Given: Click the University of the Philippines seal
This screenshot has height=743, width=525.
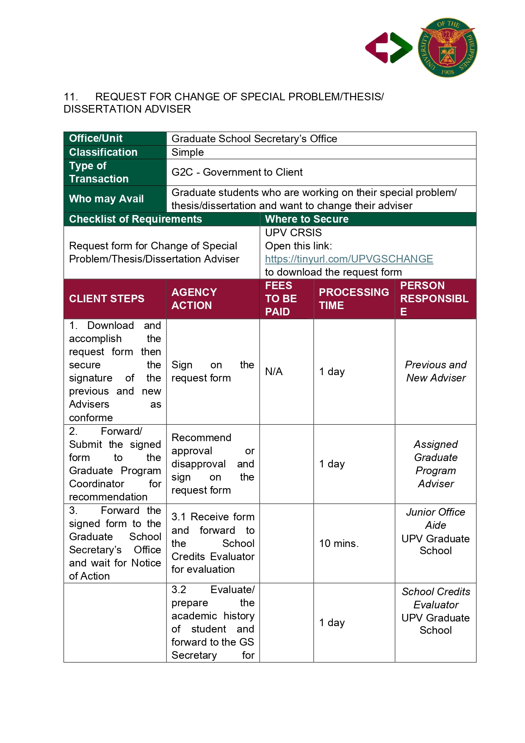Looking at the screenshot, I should (447, 47).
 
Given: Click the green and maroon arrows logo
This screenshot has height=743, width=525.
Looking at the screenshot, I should (388, 48).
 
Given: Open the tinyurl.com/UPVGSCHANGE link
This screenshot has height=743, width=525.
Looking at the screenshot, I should (349, 259).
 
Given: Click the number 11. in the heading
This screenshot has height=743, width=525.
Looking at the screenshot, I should (71, 97).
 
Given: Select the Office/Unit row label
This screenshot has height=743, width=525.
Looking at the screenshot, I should (96, 138).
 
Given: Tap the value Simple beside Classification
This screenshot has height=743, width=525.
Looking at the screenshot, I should (188, 152).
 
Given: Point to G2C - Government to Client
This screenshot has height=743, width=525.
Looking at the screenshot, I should (237, 172).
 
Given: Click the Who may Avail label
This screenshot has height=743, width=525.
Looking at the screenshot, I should (106, 199).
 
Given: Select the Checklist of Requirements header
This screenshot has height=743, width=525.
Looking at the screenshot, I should (135, 219).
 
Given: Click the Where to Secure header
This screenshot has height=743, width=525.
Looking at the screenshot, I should (307, 219).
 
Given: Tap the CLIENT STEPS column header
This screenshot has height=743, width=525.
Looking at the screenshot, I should (107, 298).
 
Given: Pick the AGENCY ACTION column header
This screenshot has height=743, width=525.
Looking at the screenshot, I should (194, 298).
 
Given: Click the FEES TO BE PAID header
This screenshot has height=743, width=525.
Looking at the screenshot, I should (281, 298).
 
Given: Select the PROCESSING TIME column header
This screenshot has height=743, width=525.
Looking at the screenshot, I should (354, 298).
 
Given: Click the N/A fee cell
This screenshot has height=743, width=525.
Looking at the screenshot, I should (274, 372).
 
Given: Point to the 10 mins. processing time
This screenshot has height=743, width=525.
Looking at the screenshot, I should (338, 544).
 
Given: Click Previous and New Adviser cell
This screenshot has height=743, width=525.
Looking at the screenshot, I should (435, 371).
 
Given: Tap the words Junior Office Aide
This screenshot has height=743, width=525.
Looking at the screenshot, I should (435, 519).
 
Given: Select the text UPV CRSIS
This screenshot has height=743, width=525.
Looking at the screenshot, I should (293, 233).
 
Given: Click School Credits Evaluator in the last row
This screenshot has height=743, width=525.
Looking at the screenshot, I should (436, 598).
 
